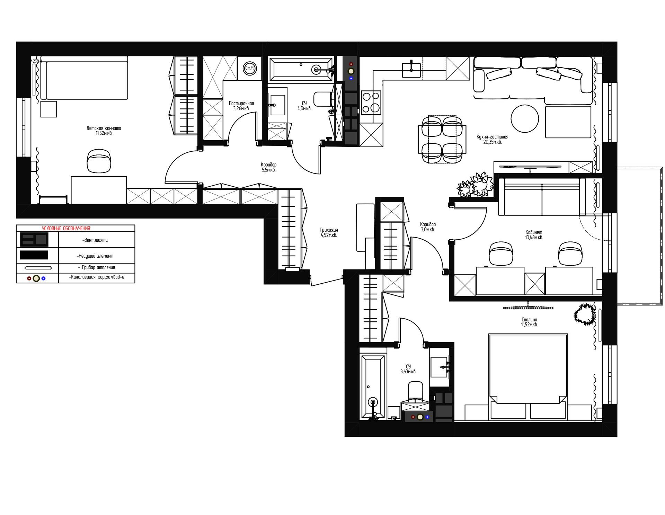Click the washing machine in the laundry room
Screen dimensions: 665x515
(249, 68)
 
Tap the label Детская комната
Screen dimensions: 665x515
(104, 128)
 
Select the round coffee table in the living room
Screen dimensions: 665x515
(525, 119)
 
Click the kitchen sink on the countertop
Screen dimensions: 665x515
(411, 70)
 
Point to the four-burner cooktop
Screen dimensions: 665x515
(371, 103)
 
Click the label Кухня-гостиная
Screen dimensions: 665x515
(492, 137)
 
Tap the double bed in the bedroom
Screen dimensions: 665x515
(528, 376)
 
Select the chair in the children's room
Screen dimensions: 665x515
(99, 161)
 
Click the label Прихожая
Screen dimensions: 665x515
(329, 230)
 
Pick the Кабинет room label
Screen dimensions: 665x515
(534, 232)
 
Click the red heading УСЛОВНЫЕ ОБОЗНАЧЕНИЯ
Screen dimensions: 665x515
(66, 228)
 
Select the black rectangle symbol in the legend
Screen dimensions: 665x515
(34, 255)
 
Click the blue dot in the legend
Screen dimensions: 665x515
(44, 278)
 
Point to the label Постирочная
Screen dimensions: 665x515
(241, 103)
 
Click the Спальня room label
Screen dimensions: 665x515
(529, 320)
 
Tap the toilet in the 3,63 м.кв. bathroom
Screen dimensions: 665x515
(416, 391)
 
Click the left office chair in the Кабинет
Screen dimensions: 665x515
(501, 254)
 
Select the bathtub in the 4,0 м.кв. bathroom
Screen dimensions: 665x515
(301, 69)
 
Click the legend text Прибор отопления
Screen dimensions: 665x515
(97, 267)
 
